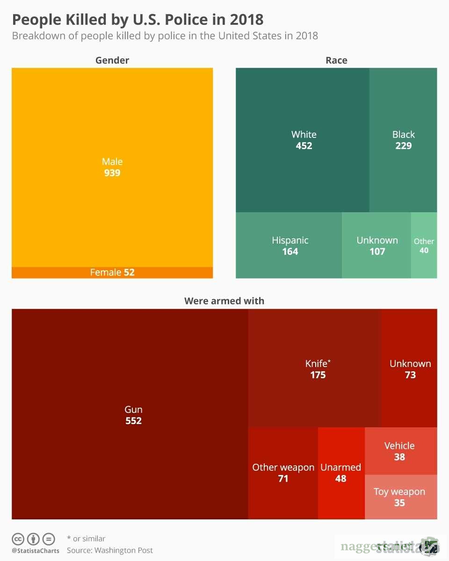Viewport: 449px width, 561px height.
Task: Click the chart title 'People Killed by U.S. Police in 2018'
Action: (x=138, y=20)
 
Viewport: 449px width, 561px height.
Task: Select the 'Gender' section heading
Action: (x=112, y=60)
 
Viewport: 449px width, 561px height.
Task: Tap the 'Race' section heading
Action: (x=336, y=60)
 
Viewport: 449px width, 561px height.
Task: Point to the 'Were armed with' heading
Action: (x=224, y=301)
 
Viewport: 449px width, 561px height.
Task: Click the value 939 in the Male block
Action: (x=112, y=173)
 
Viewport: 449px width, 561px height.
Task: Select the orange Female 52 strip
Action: (x=112, y=272)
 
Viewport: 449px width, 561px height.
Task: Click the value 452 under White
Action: (x=304, y=146)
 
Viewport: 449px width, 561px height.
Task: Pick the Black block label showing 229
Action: (x=403, y=140)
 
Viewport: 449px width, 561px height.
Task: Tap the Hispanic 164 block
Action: (x=290, y=246)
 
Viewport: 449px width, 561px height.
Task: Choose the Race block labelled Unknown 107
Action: (x=377, y=246)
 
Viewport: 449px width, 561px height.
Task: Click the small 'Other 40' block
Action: (x=424, y=246)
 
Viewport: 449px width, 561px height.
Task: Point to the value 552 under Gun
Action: (x=133, y=421)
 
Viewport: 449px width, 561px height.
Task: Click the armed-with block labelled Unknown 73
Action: (x=410, y=369)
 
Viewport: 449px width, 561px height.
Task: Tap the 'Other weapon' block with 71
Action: (x=283, y=473)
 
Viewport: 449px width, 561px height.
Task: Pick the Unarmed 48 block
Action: (x=341, y=473)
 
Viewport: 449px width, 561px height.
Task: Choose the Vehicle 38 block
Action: (x=400, y=452)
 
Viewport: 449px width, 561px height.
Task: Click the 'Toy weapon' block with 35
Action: (x=400, y=497)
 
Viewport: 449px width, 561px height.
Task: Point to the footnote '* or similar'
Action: (x=86, y=539)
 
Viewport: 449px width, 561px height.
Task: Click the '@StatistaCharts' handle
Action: (x=36, y=551)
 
